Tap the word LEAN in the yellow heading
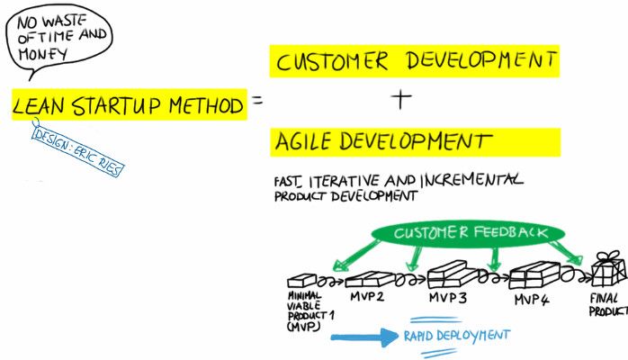point(38,105)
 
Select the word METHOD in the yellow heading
point(206,105)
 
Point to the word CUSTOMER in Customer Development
point(332,61)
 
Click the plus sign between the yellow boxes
point(401,99)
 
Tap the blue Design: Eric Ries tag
point(78,151)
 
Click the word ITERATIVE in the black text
point(344,181)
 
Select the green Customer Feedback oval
point(468,233)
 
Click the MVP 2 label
point(367,297)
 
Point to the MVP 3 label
point(448,298)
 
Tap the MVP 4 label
point(532,300)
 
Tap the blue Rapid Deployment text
point(457,336)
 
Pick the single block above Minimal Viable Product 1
point(302,280)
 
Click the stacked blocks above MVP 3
point(453,274)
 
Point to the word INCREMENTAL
point(471,180)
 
